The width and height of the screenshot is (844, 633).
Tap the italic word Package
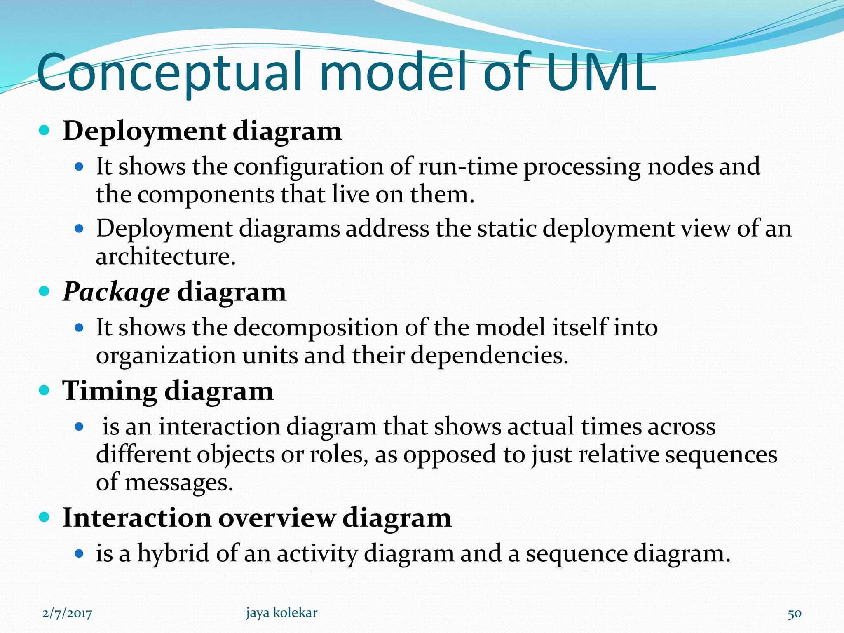[x=116, y=292]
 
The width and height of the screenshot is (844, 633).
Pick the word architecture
[x=166, y=256]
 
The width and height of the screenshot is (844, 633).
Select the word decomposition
[x=316, y=328]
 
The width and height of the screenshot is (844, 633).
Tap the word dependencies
[x=489, y=355]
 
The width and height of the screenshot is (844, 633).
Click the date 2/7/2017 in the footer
[x=67, y=613]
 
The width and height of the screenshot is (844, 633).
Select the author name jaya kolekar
[x=282, y=613]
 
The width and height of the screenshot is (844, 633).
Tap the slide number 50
[x=795, y=614]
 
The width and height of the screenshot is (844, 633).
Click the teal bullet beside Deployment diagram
[x=44, y=131]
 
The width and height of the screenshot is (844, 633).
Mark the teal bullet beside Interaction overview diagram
[x=44, y=517]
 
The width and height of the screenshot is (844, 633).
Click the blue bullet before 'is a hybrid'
[x=79, y=553]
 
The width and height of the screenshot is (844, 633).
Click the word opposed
[x=450, y=455]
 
